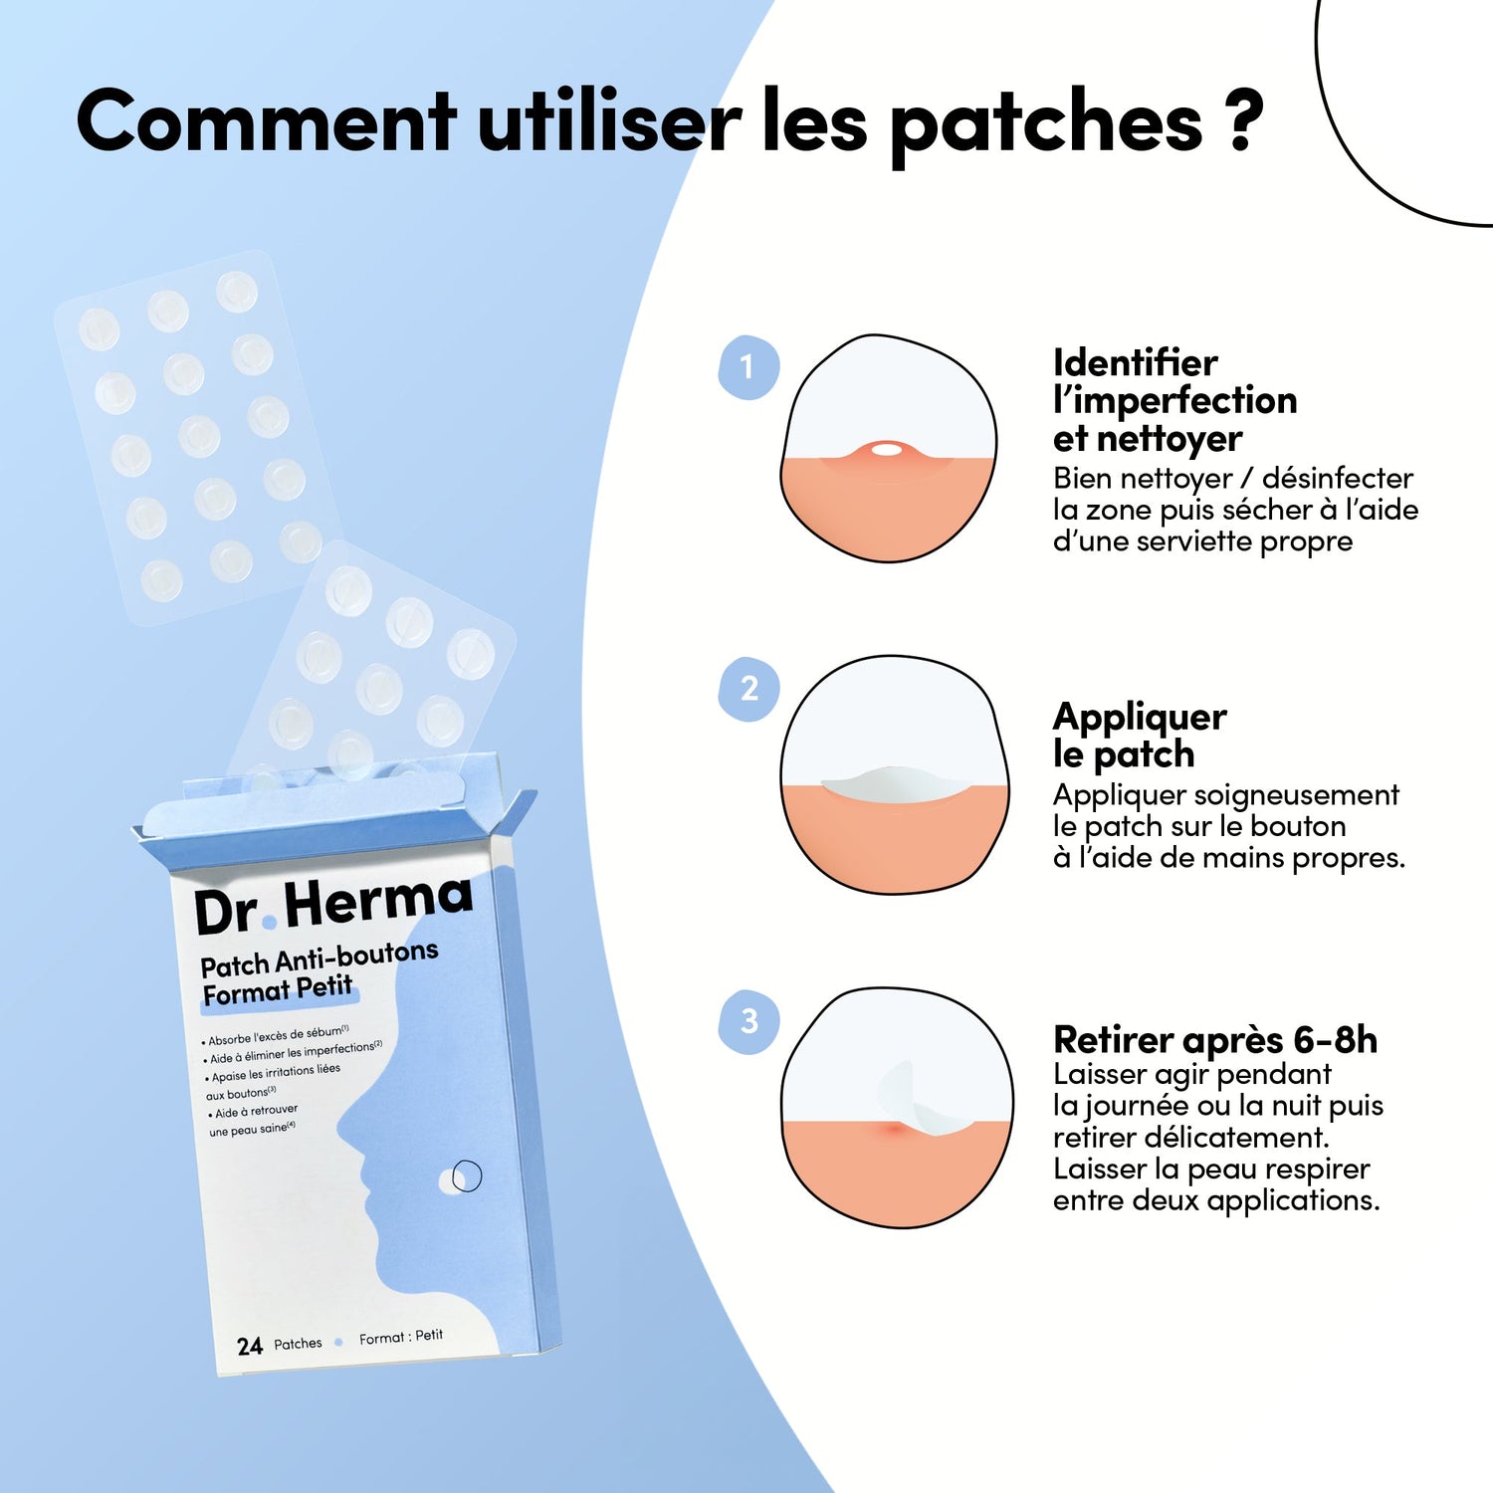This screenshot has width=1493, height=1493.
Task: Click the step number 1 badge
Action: (748, 367)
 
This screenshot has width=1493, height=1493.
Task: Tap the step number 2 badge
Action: (748, 689)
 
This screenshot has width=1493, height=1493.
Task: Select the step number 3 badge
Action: (748, 1021)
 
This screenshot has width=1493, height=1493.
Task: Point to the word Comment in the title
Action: (266, 120)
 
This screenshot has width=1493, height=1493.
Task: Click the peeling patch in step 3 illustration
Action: (921, 1103)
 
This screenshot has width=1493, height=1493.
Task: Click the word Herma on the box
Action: (378, 902)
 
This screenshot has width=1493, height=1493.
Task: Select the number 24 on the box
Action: (250, 1347)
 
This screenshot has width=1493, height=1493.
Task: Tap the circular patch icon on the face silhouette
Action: (461, 1176)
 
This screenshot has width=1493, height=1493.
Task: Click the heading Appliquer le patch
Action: (1140, 735)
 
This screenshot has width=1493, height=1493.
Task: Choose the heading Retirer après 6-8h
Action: (1215, 1040)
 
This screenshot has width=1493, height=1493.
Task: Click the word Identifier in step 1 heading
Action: (1136, 362)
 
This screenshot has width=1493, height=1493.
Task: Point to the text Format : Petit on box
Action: (401, 1338)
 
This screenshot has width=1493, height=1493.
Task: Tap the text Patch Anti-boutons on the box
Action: (320, 960)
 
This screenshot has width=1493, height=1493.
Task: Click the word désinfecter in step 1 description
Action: (1338, 478)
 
